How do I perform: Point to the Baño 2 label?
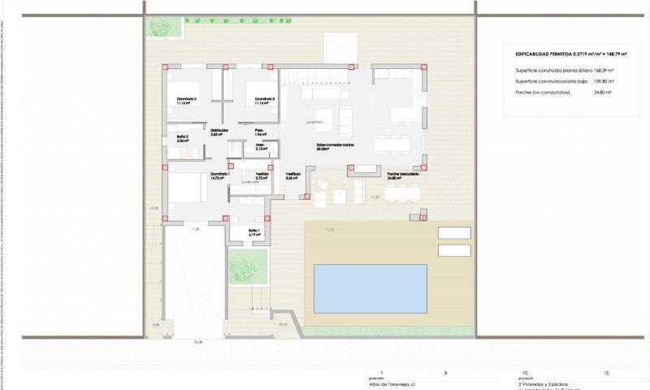(182, 138)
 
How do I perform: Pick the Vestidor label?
(262, 175)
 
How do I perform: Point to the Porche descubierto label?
(403, 175)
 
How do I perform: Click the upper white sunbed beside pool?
(454, 232)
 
